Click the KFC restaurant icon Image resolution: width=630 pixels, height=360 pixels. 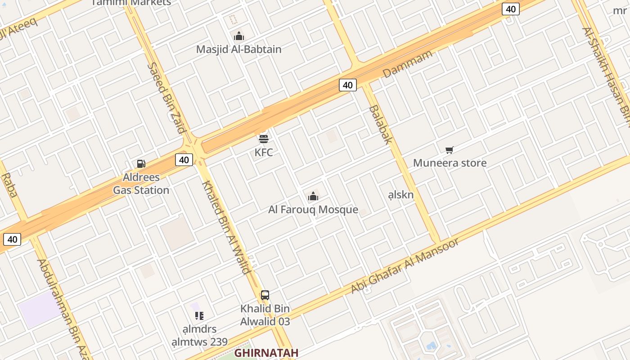coord(264,138)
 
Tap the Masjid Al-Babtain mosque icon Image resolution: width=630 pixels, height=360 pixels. coord(239,36)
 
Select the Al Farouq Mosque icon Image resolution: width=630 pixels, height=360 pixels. coord(313,196)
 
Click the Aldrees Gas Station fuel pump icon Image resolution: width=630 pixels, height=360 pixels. coord(141,164)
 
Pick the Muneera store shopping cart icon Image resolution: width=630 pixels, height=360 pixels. coord(449,150)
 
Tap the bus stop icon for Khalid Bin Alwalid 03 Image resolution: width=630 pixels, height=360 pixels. coord(265,295)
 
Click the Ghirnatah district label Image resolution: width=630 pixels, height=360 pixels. coord(266,352)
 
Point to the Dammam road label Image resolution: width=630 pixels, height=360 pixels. coord(407,64)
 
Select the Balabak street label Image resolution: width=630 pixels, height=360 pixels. coord(381,125)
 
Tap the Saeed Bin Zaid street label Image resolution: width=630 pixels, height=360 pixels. coord(167,98)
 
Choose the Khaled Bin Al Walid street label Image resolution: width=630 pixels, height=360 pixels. coord(226,227)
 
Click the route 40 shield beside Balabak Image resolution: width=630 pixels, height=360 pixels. coord(347,85)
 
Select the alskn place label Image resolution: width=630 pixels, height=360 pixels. coord(400,195)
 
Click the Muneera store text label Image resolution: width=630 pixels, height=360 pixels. coord(450,163)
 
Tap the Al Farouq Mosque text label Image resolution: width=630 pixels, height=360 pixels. coord(313,210)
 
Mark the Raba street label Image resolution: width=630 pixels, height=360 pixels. coord(9,185)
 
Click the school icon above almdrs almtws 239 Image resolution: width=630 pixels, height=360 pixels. coord(199,316)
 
